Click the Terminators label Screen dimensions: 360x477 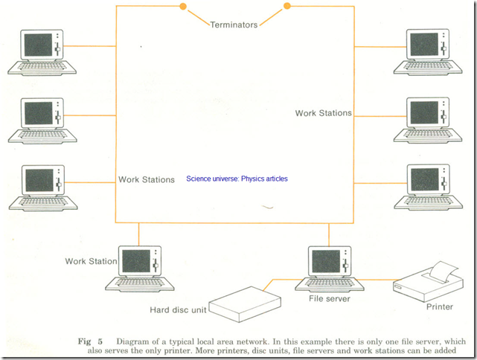(x=234, y=25)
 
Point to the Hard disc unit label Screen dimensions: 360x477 (x=173, y=309)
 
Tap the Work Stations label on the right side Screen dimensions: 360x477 (x=324, y=113)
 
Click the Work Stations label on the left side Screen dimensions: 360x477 (x=147, y=179)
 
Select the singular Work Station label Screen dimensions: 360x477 (x=91, y=261)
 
